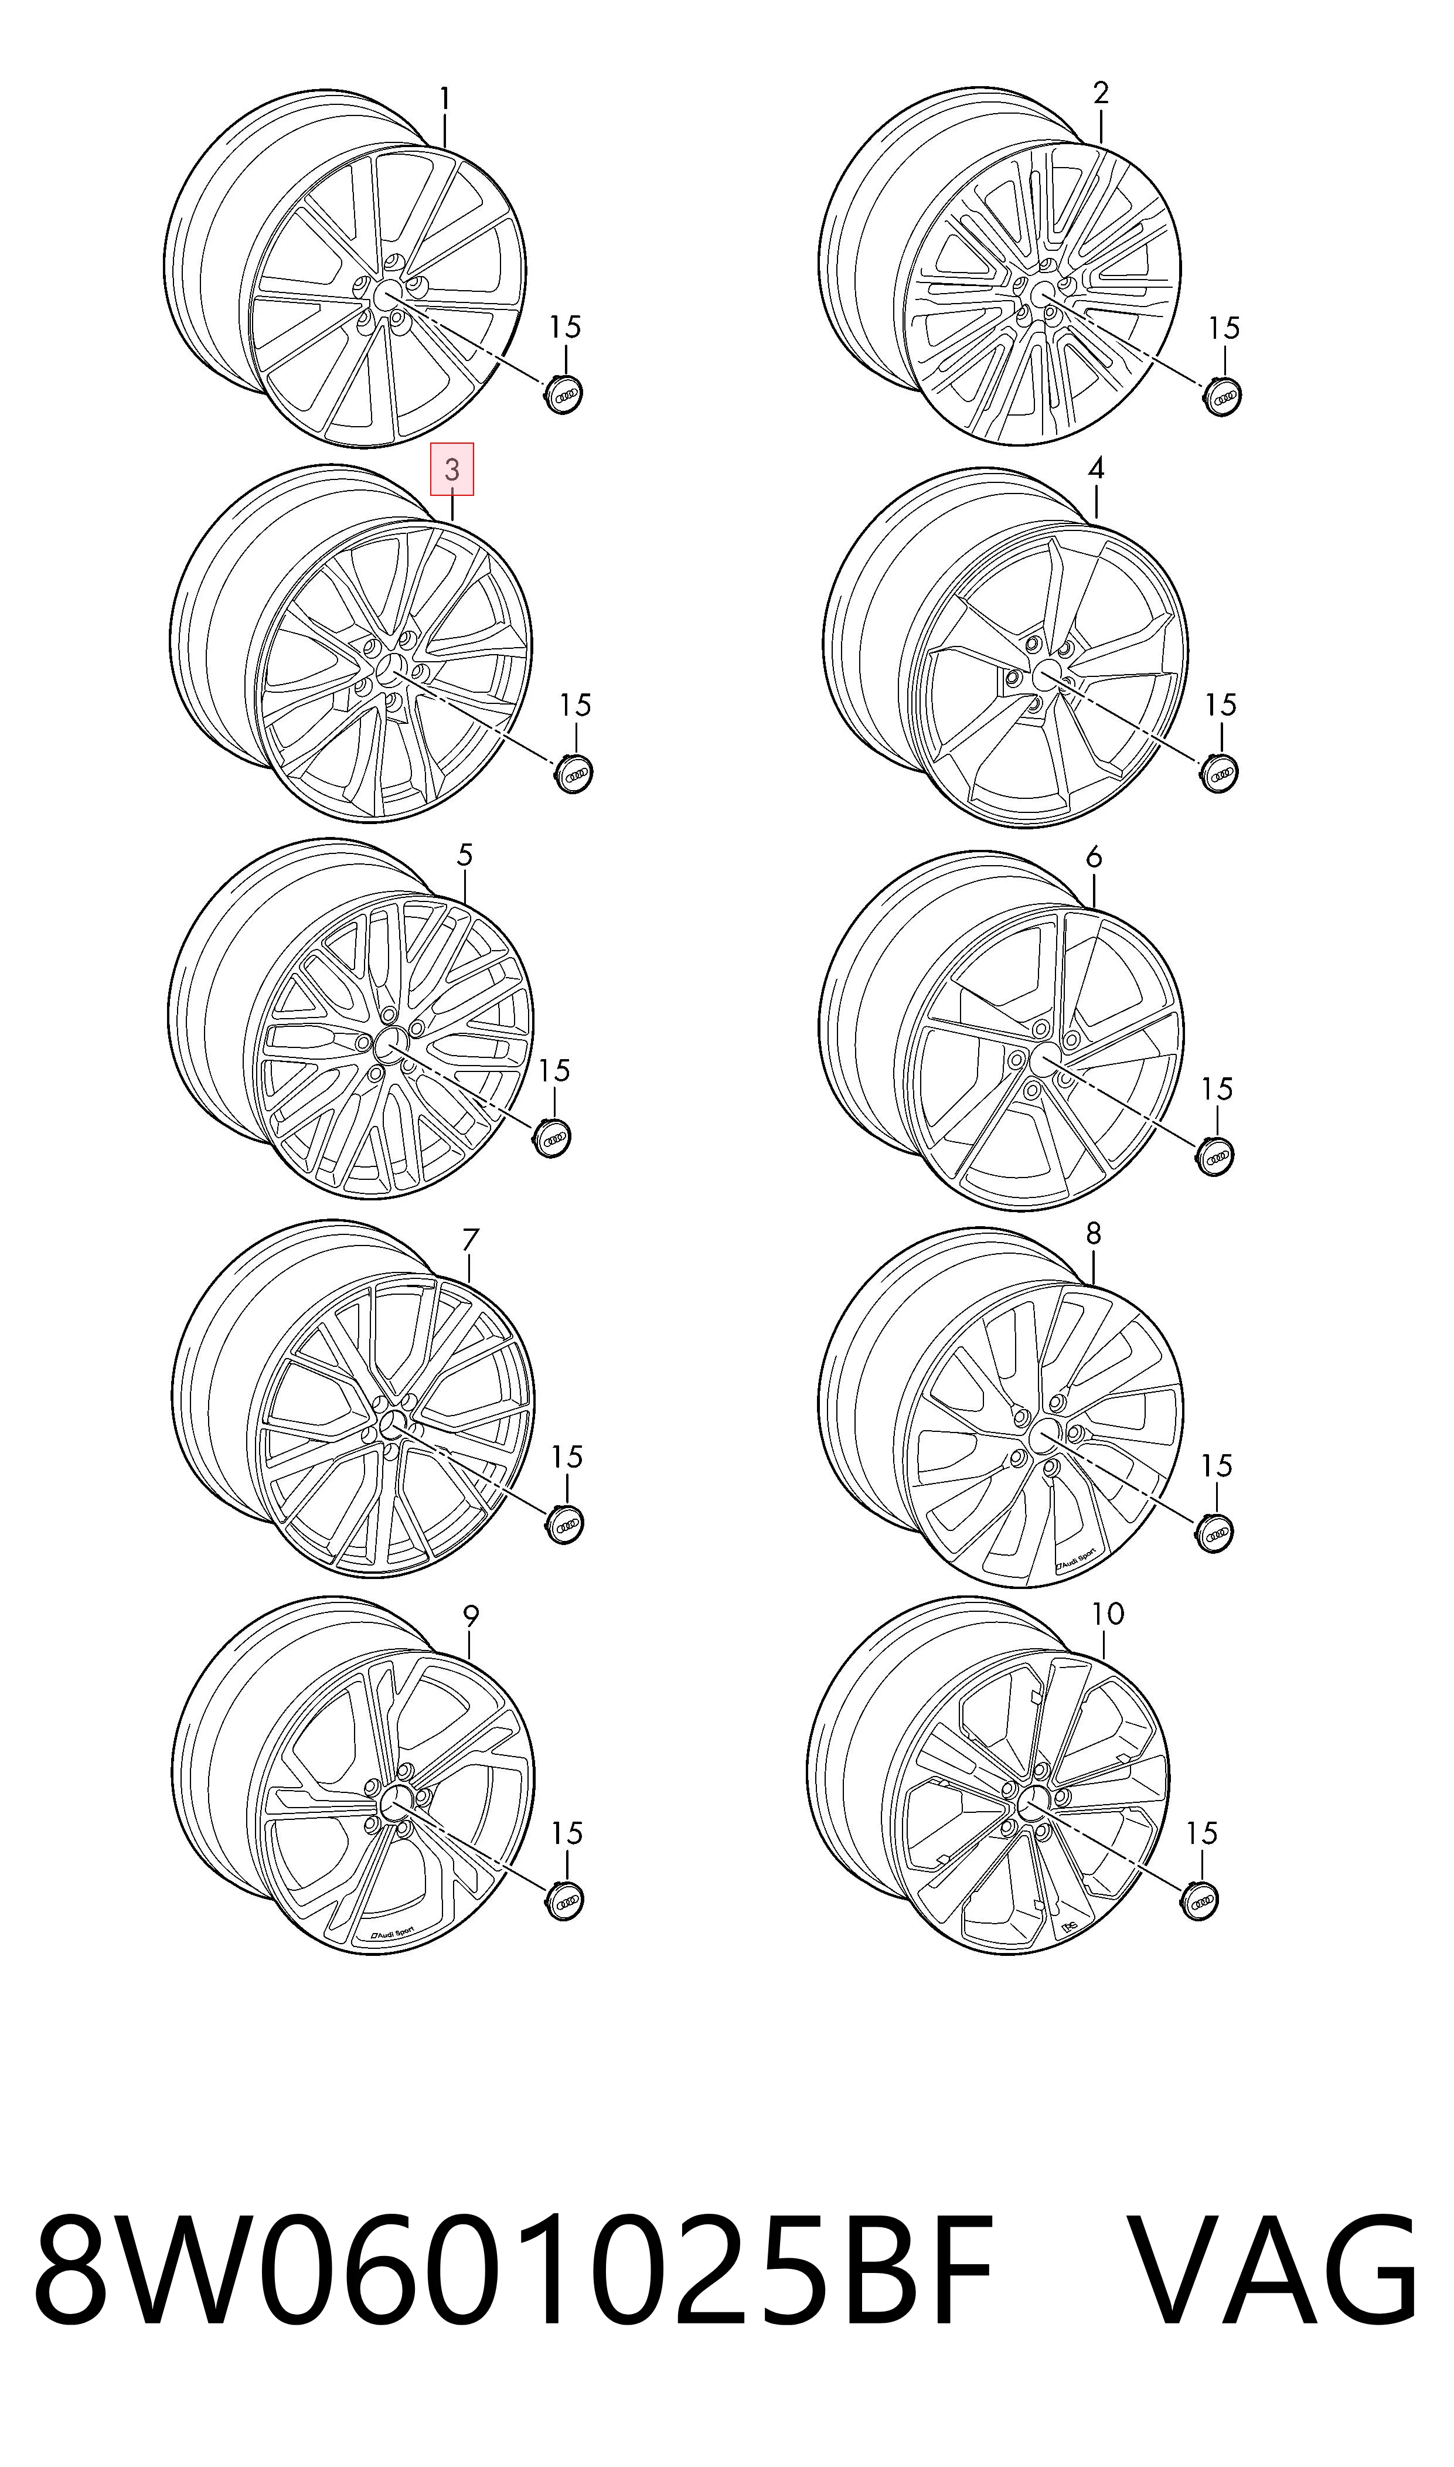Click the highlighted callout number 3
coord(452,469)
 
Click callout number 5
coord(464,855)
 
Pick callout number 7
coord(470,1240)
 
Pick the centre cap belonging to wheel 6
coord(1215,1156)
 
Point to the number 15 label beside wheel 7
coord(566,1457)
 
